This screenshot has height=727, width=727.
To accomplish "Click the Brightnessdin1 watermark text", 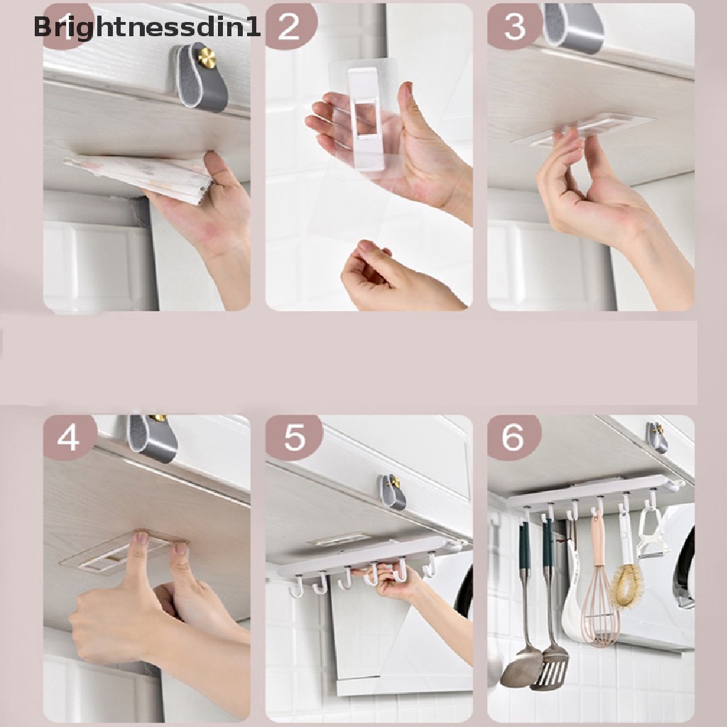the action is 146,28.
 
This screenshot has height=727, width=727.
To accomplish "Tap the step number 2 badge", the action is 290,26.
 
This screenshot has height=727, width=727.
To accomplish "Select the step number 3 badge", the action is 514,26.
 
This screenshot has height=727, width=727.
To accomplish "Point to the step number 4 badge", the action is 69,437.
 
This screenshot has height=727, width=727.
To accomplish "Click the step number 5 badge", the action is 294,437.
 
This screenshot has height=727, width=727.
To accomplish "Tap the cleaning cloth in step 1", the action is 139,175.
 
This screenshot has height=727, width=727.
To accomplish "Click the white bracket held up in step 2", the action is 363,117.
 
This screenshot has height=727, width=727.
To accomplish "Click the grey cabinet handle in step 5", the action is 392,491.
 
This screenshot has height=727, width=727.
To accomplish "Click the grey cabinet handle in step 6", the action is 657,437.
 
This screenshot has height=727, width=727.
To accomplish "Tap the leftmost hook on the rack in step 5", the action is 296,588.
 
